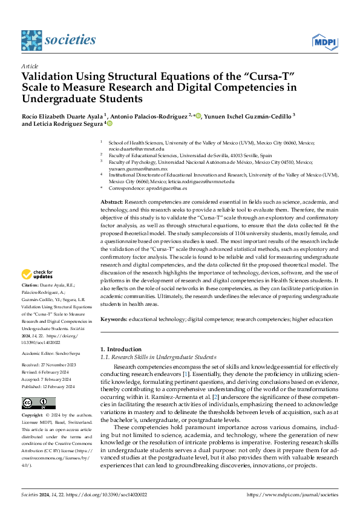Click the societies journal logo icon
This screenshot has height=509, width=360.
coord(31,41)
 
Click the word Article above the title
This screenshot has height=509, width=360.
coord(30,65)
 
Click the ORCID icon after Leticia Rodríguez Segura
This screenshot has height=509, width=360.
coord(110,124)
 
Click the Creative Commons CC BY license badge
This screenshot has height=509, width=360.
coord(39,403)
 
